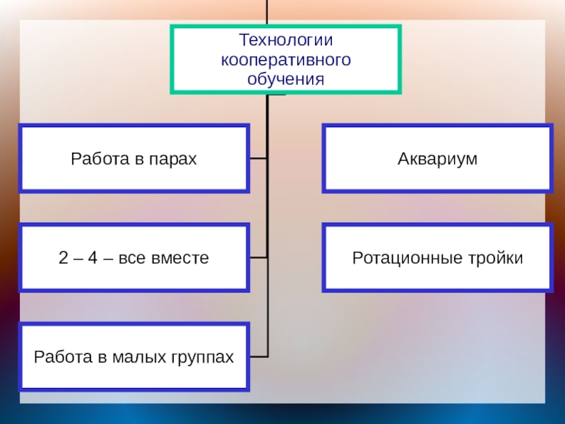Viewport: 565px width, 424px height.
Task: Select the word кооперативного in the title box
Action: [x=285, y=60]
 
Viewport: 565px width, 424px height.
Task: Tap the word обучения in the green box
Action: [x=285, y=78]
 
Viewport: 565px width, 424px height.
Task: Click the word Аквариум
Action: [x=437, y=159]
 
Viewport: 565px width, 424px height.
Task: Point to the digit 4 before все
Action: [x=93, y=258]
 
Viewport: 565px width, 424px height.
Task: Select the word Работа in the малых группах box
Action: [x=59, y=357]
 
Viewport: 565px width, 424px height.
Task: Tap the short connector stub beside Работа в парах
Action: [x=258, y=158]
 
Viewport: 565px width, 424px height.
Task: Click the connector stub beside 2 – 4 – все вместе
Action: [x=258, y=257]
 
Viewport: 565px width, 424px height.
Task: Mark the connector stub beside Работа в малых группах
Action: [x=258, y=355]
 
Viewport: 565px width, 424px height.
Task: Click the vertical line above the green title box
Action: [x=268, y=12]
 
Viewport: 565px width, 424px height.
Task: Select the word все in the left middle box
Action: [x=133, y=258]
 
